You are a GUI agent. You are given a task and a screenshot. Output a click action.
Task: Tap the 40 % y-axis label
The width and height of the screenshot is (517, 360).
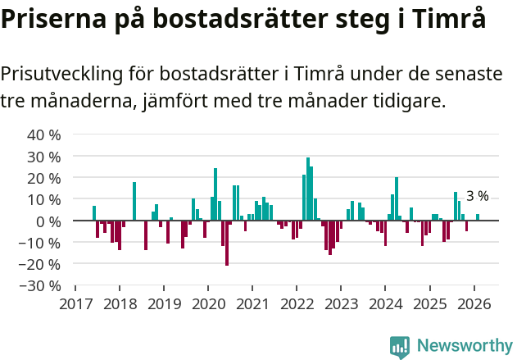44,134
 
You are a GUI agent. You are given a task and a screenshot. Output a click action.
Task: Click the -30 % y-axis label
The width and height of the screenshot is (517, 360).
41,286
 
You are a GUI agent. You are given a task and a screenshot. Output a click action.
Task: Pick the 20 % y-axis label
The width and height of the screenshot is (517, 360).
44,178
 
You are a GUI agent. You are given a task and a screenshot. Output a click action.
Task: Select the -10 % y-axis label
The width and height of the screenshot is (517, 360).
41,243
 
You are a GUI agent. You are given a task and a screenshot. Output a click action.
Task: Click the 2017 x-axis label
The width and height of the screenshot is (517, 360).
75,303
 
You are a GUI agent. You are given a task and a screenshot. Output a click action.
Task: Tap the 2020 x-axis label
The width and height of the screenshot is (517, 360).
208,303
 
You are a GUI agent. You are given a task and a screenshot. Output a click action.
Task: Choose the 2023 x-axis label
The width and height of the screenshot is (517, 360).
341,303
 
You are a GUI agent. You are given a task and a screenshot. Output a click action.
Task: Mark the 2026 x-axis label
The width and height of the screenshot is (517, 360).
474,303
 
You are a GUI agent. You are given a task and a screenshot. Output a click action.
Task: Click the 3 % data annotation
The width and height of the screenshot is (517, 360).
477,196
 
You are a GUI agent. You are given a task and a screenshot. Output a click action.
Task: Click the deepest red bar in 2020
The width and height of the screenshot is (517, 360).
227,243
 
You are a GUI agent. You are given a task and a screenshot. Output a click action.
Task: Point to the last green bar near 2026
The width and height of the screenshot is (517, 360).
478,217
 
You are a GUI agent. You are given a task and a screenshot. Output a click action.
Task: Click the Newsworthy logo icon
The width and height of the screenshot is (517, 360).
400,347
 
